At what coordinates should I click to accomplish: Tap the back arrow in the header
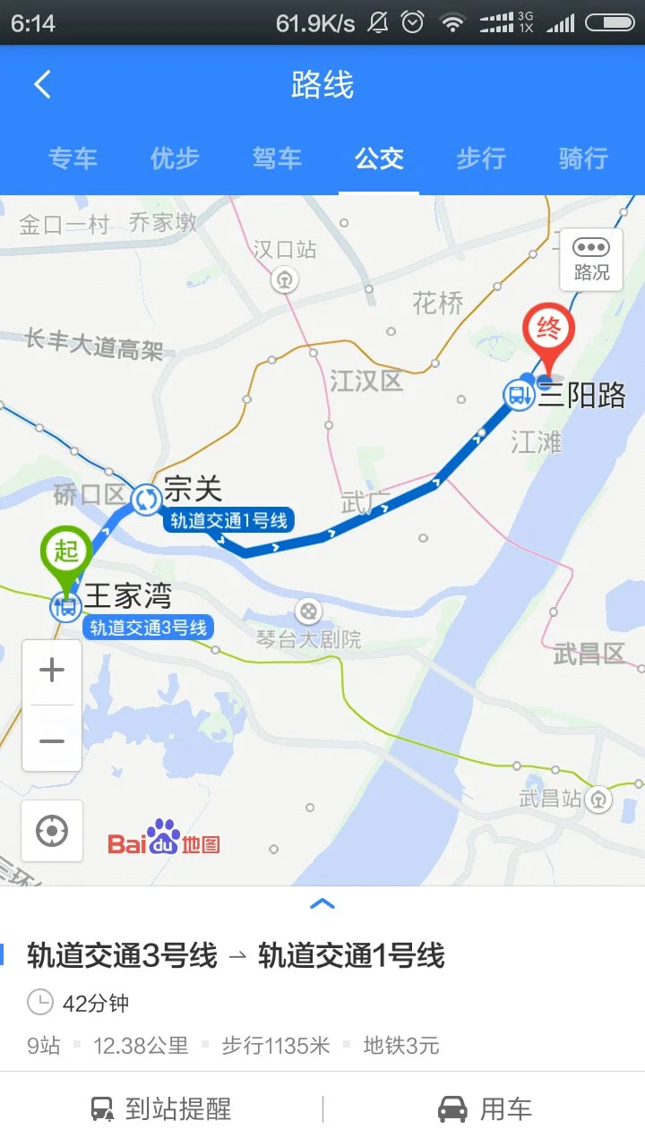42,85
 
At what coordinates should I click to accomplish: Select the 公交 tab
379,158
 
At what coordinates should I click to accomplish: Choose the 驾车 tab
277,158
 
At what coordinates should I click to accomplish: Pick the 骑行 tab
583,158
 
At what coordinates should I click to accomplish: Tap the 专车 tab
73,158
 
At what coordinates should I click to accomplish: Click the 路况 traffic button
591,259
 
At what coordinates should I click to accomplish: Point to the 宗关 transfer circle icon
146,500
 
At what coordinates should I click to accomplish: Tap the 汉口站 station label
284,250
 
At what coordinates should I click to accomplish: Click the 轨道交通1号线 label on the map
229,521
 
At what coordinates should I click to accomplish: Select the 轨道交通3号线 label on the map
149,628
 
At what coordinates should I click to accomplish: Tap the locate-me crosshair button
52,831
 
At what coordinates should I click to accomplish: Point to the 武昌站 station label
550,798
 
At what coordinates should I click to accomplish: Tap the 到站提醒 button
161,1110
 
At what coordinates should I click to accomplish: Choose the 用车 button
485,1110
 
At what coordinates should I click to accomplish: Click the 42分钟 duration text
95,1003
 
